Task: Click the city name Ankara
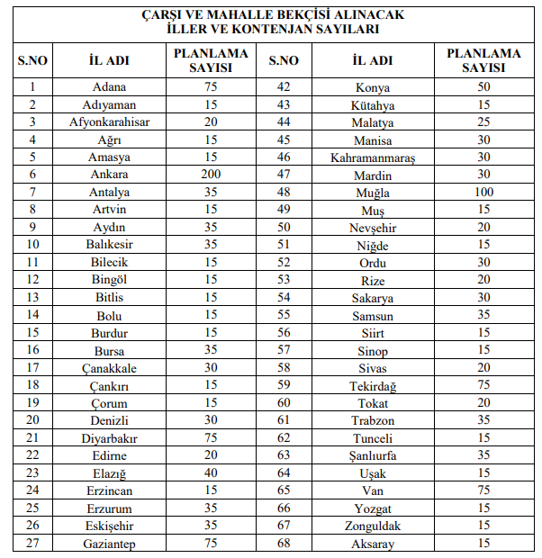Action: point(109,175)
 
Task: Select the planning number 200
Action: point(211,175)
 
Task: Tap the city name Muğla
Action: point(372,193)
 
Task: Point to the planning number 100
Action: point(483,193)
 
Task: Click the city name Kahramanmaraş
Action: point(372,157)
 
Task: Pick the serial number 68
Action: point(284,544)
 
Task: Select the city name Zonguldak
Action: point(372,526)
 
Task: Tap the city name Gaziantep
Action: point(109,544)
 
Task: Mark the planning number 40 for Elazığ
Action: point(211,474)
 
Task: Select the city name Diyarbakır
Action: point(109,439)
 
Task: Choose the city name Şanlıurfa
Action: point(372,456)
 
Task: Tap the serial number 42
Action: point(284,87)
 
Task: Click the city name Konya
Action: point(372,87)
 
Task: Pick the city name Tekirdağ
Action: point(372,386)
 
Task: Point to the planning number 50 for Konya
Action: point(483,87)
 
